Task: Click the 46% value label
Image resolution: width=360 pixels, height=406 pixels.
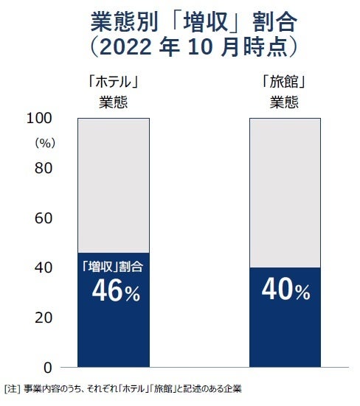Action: coord(115,292)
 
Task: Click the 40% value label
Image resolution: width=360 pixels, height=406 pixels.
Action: coord(285,292)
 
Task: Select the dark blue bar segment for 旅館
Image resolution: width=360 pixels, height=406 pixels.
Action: coord(285,332)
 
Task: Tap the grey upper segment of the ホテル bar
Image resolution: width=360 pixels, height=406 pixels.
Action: coord(114,184)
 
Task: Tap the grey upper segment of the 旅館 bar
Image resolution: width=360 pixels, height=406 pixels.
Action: coord(285,192)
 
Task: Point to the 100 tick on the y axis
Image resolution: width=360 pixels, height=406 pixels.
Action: coord(40,119)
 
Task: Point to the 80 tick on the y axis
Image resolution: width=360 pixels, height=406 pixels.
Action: coord(44,168)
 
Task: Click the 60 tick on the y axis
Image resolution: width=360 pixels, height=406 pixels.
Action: coord(44,218)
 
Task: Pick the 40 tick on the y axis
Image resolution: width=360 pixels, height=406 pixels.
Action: coord(44,267)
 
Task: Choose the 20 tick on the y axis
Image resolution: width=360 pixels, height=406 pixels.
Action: coord(44,318)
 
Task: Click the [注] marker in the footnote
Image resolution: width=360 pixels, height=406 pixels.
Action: coord(12,388)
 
